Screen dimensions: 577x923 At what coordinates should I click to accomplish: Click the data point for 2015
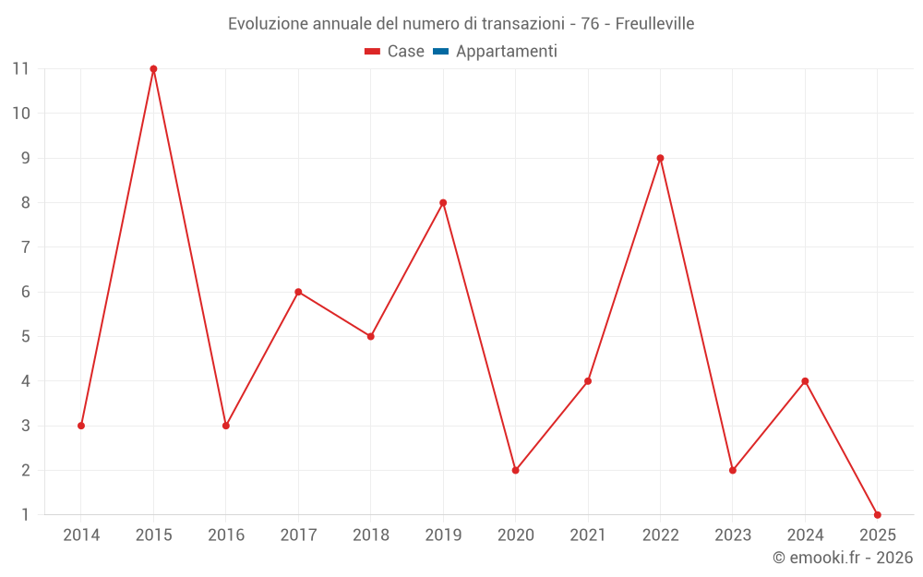point(153,69)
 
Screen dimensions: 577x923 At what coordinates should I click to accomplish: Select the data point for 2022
point(660,158)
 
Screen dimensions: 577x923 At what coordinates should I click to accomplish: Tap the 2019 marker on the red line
point(443,203)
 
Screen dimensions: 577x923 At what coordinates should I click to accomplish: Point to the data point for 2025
point(877,514)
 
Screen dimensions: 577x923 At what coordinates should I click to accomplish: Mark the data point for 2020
point(515,470)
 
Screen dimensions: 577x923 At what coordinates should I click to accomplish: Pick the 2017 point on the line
point(298,292)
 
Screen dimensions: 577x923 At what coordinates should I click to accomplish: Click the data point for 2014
point(81,426)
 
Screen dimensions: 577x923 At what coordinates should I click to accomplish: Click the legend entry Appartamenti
point(506,52)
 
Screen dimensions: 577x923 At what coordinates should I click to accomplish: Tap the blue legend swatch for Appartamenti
point(440,52)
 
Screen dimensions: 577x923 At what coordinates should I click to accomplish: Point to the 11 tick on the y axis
point(20,68)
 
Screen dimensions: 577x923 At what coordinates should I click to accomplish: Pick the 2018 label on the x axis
point(370,535)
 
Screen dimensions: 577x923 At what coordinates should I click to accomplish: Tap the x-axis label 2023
point(733,535)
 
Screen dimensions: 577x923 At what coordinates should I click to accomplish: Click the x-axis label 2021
point(588,535)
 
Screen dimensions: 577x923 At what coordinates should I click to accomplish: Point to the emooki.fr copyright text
point(843,558)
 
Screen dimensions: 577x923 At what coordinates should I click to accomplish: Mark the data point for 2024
point(805,381)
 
